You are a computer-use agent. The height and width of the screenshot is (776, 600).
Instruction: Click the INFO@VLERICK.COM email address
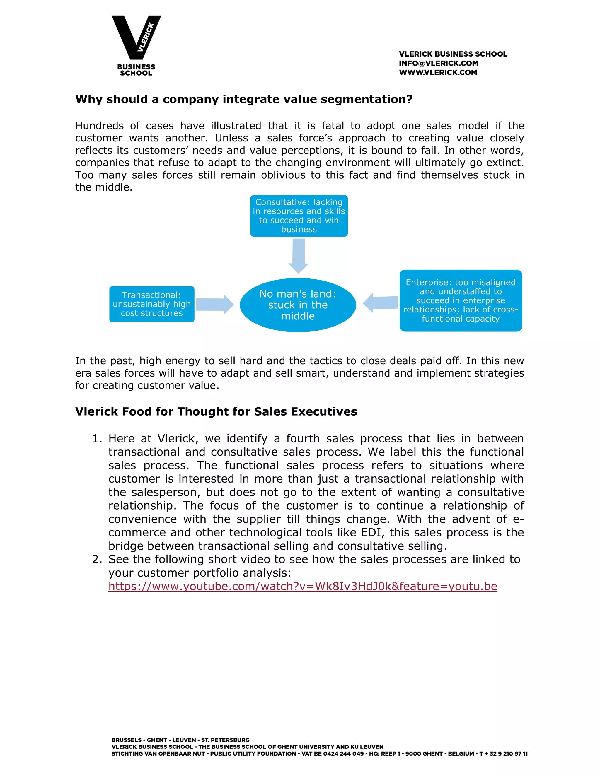438,63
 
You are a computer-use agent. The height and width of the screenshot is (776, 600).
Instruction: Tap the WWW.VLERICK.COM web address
438,73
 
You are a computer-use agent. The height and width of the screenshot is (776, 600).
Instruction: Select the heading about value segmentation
244,99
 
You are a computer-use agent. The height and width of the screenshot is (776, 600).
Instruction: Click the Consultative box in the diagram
299,216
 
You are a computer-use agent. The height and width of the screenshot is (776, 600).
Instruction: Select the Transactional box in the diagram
152,304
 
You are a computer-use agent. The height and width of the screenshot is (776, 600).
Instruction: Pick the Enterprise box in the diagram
460,301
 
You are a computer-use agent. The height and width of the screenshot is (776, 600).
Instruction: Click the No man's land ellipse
298,305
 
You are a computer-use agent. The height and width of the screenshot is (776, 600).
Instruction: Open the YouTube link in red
302,586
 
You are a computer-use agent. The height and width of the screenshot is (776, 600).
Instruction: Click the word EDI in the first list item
372,532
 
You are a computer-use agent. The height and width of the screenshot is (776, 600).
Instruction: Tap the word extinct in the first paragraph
505,163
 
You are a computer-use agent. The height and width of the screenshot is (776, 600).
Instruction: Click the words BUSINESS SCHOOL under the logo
136,70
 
